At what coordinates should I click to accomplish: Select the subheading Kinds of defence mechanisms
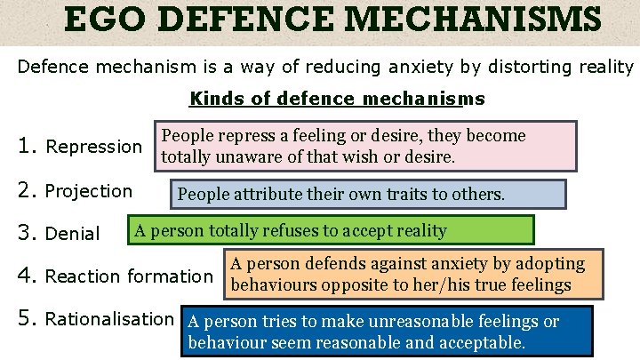tap(337, 99)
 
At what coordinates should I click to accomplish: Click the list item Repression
tap(93, 146)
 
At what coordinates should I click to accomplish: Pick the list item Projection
tap(88, 191)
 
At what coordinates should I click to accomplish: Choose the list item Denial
tap(72, 234)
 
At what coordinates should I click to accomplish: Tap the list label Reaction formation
tap(129, 276)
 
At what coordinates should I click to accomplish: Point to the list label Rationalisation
tap(109, 318)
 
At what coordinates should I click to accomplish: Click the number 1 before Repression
tap(27, 145)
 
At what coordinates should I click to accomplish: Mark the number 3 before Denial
tap(27, 233)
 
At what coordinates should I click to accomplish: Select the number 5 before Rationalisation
tap(27, 318)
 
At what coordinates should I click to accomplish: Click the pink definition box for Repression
tap(365, 146)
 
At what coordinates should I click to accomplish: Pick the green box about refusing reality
tap(332, 230)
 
